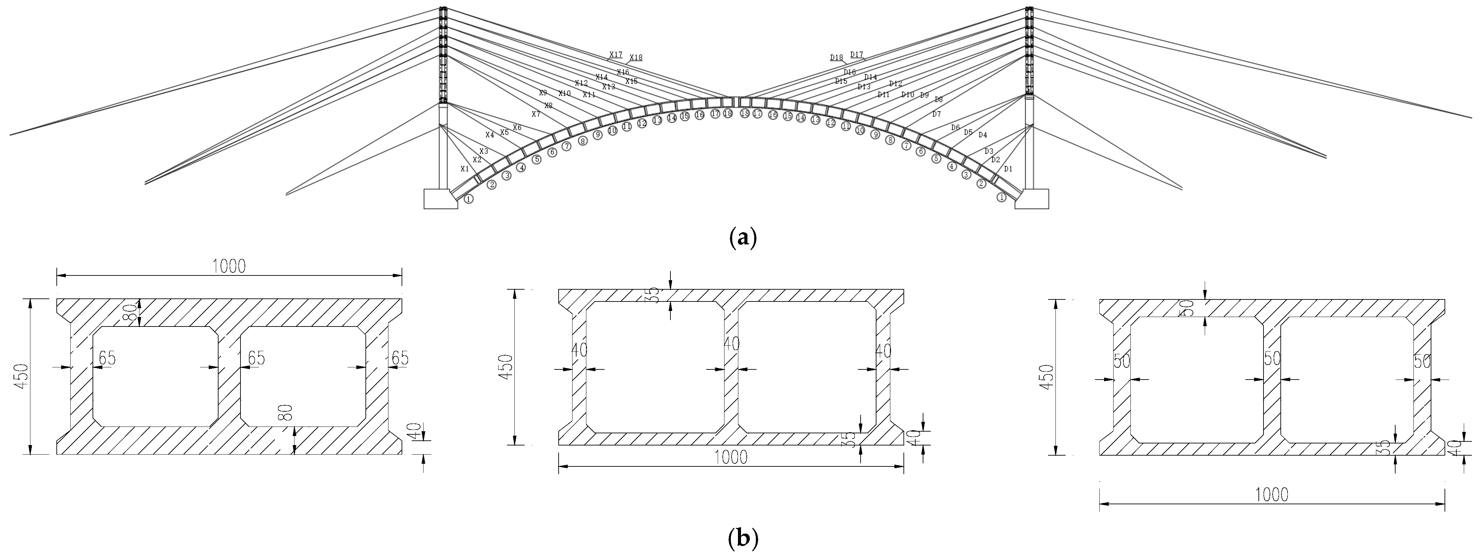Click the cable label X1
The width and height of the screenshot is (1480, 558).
coord(465,169)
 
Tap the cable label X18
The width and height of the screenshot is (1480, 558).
coord(636,57)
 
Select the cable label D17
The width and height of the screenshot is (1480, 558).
coord(857,55)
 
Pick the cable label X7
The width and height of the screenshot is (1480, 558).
coord(535,114)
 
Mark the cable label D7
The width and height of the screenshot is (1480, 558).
coord(937,114)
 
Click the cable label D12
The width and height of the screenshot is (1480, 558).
coord(896,84)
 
